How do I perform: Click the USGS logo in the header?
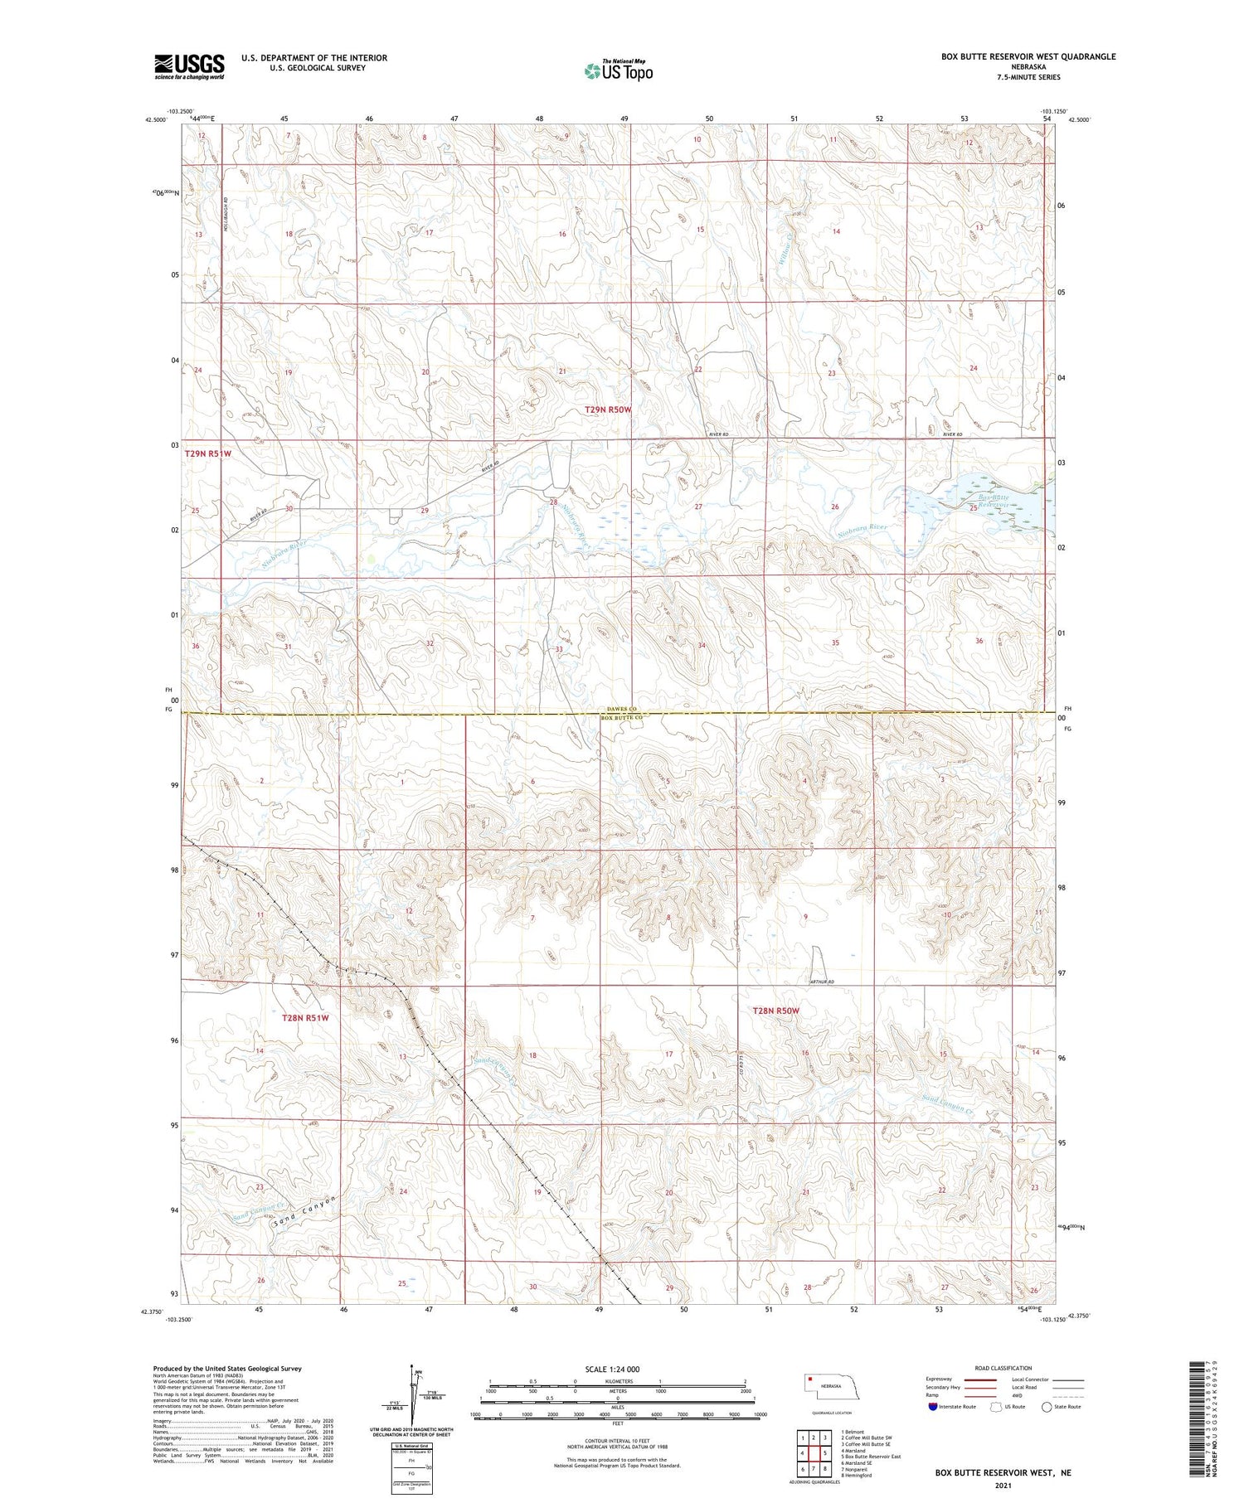[189, 66]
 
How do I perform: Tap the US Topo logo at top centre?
[618, 70]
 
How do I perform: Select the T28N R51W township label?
[304, 1017]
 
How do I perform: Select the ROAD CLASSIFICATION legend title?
[1003, 1368]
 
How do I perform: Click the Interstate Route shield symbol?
[933, 1407]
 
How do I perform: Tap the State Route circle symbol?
[1047, 1407]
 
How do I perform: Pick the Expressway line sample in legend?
[979, 1380]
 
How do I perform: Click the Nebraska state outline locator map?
[830, 1387]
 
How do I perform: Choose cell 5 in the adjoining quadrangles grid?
[825, 1453]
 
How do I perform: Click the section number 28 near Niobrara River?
[553, 502]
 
